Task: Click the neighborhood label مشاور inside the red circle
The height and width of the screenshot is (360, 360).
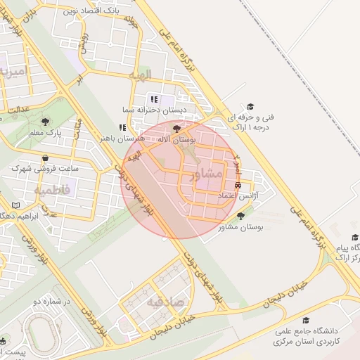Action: pos(210,173)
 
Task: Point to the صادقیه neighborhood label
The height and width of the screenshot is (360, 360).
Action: pos(165,302)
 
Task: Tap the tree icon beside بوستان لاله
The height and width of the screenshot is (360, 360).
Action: pos(176,129)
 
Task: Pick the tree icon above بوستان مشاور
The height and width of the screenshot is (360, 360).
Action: pos(241,216)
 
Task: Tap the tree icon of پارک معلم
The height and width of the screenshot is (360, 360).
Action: pos(46,122)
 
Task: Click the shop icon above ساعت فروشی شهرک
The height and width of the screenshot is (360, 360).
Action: pos(46,158)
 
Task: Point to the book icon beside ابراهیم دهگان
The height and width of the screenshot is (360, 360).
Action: pos(15,205)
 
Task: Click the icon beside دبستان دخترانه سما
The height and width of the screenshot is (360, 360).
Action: pos(153,99)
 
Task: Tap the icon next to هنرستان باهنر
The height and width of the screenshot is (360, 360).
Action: pos(122,128)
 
